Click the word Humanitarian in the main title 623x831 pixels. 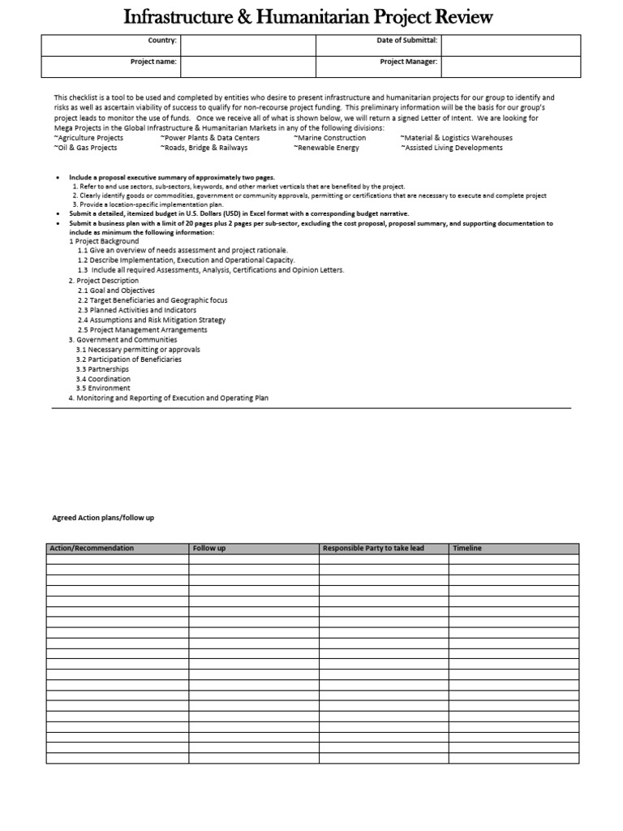tap(310, 17)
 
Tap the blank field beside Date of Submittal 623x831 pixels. tap(510, 45)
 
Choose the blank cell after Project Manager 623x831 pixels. tap(510, 66)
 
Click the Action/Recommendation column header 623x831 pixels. tap(92, 549)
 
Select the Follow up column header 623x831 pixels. tap(209, 549)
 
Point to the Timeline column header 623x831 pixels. tap(466, 549)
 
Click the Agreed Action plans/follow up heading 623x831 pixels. tap(103, 518)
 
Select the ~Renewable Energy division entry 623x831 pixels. tap(326, 148)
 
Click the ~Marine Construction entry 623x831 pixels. tap(329, 138)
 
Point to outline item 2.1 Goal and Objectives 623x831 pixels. tap(116, 291)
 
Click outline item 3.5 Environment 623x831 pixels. tap(103, 389)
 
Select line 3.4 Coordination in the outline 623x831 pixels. tap(103, 379)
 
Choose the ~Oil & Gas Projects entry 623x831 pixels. tap(85, 148)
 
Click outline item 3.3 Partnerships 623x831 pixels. tap(102, 369)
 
